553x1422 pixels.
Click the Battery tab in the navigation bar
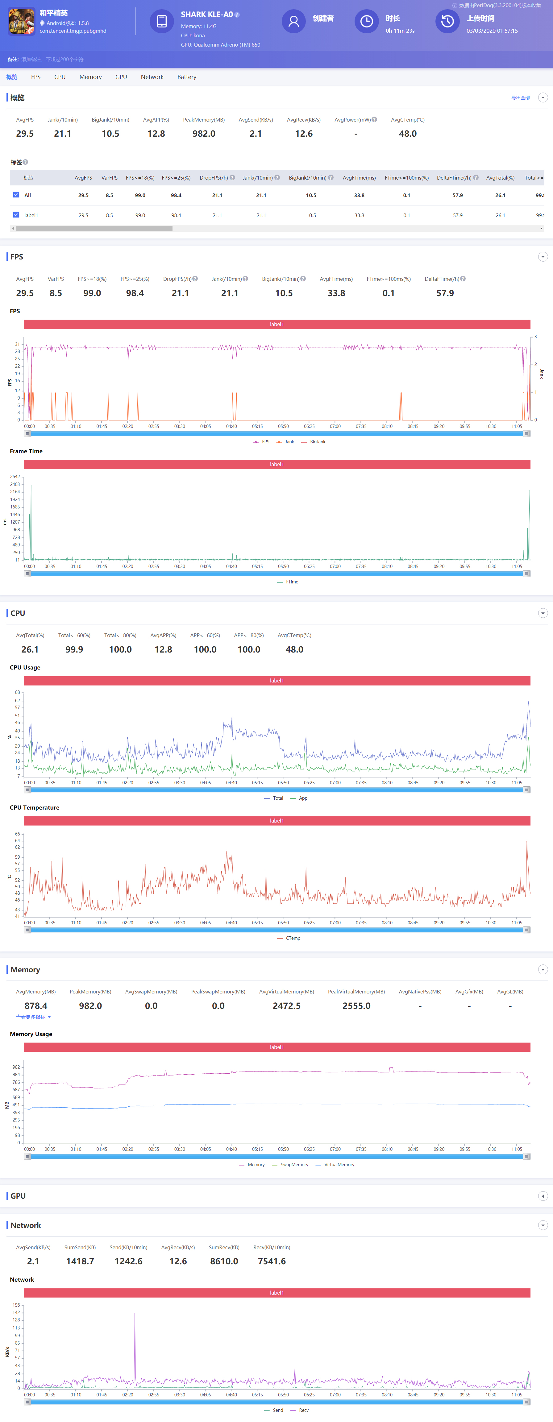[x=186, y=77]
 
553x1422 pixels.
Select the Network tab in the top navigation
[x=152, y=77]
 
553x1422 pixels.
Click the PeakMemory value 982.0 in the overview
[x=204, y=134]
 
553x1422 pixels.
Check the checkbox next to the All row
[x=16, y=195]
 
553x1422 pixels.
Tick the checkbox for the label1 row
[x=16, y=215]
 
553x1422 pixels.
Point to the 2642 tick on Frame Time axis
[x=15, y=476]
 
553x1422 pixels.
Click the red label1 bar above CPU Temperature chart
[x=276, y=821]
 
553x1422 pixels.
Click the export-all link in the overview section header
[x=520, y=98]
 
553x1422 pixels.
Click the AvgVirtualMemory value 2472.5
[x=286, y=1006]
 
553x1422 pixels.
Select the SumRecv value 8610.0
[x=224, y=1261]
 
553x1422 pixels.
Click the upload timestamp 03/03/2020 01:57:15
[x=492, y=31]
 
